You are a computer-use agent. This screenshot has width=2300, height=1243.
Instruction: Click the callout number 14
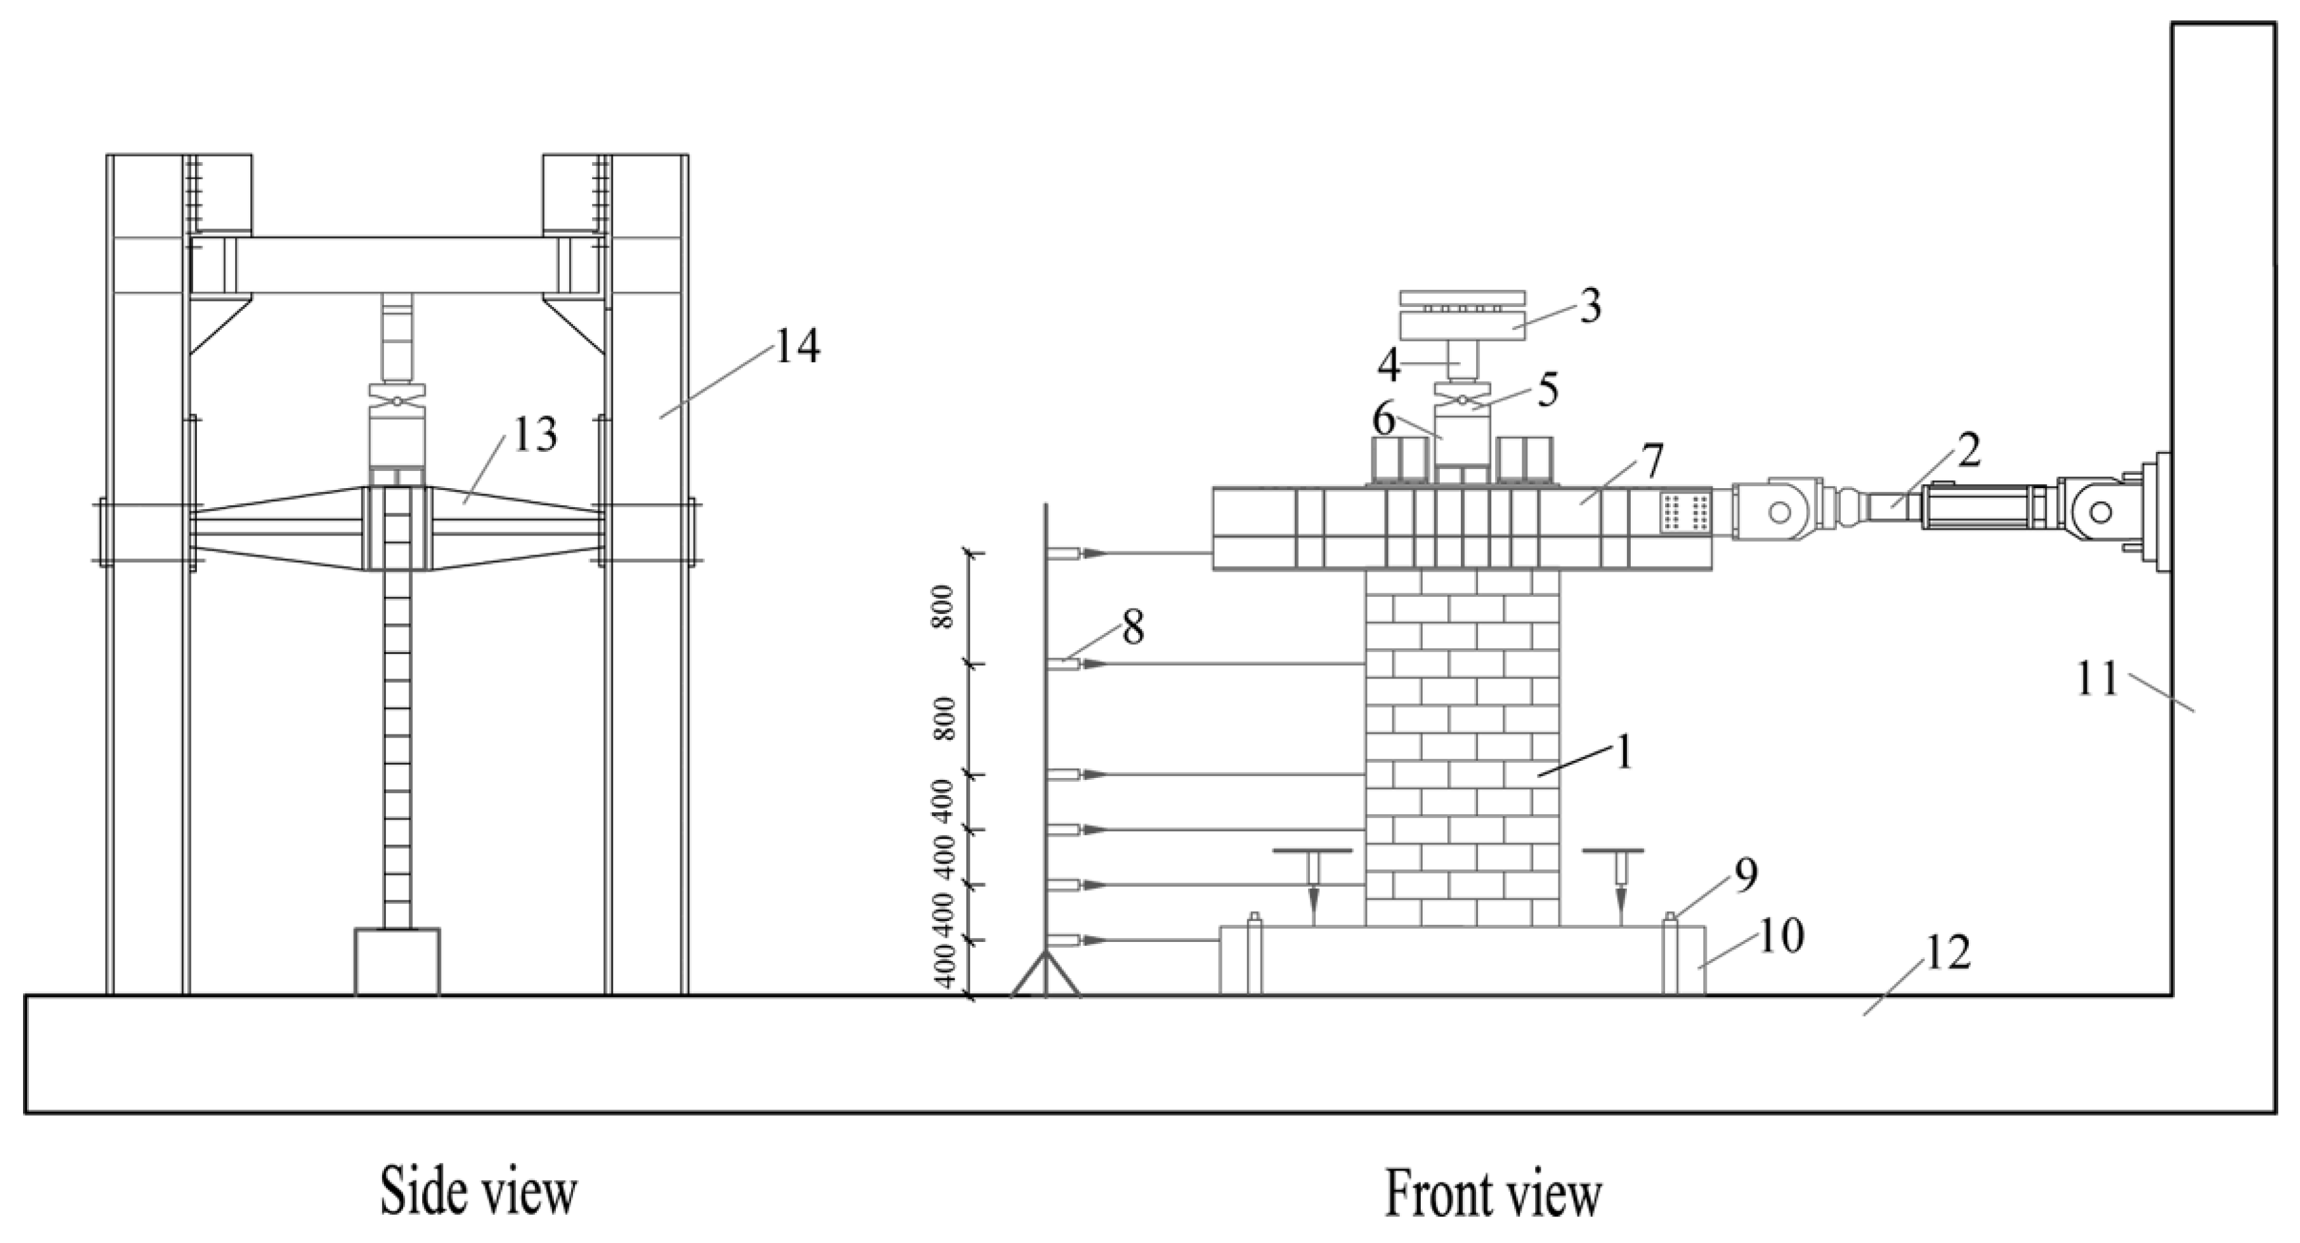(x=796, y=346)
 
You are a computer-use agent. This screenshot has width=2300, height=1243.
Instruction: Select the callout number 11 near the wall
(x=2096, y=680)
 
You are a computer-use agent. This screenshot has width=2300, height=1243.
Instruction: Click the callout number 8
(x=1132, y=628)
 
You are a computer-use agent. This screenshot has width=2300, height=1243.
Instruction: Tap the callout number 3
(x=1589, y=306)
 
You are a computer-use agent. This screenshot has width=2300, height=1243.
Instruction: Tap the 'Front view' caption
(x=1493, y=1194)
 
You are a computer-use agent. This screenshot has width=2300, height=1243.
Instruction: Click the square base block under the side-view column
(x=397, y=962)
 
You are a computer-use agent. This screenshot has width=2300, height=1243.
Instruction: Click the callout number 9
(x=1745, y=876)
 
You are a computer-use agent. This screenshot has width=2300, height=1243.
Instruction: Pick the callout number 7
(x=1650, y=460)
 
